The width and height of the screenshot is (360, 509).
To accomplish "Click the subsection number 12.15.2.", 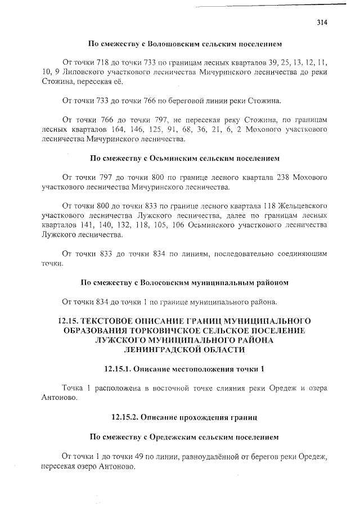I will coord(124,418).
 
